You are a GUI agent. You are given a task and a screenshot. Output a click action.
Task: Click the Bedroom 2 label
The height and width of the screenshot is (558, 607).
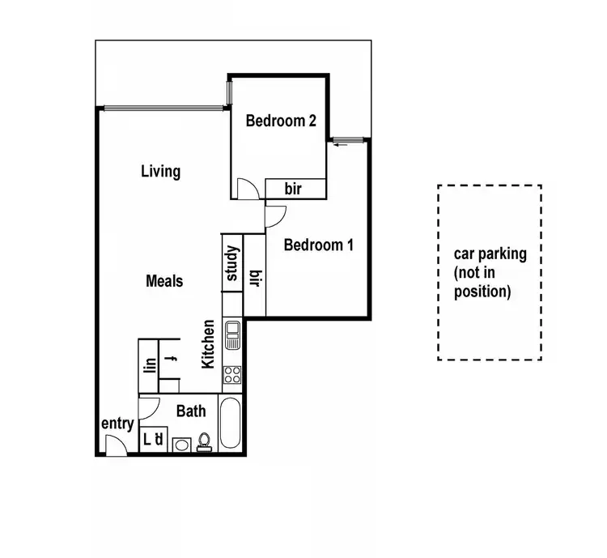(x=281, y=121)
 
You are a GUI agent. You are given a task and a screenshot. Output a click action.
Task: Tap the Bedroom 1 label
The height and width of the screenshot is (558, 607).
(x=318, y=245)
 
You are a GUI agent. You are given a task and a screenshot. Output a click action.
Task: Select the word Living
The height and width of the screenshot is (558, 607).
(x=160, y=172)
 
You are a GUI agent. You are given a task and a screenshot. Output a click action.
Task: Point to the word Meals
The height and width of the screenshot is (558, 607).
(x=164, y=281)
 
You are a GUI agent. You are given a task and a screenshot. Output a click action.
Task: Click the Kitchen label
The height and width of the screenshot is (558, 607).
(x=209, y=344)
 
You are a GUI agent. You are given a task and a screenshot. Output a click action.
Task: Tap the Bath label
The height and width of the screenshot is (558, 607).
(x=191, y=411)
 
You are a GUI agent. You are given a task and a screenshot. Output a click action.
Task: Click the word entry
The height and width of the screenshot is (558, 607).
(x=117, y=424)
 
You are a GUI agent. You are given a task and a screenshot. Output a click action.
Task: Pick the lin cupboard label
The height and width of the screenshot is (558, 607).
(x=149, y=365)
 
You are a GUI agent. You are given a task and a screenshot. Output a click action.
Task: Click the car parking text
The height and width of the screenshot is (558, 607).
(x=490, y=272)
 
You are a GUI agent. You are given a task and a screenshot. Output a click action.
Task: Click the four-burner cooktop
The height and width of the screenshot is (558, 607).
(x=232, y=375)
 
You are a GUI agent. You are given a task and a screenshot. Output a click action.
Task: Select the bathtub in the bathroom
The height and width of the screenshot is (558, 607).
(x=230, y=424)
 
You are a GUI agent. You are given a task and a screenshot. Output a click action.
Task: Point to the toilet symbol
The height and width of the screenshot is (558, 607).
(x=204, y=441)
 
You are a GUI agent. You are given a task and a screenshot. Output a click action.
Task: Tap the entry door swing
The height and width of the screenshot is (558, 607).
(x=115, y=444)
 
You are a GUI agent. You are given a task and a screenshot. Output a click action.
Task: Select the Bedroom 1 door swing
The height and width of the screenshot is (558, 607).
(x=274, y=215)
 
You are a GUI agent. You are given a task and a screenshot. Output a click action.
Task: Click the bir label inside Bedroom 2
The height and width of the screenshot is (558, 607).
(x=293, y=190)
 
